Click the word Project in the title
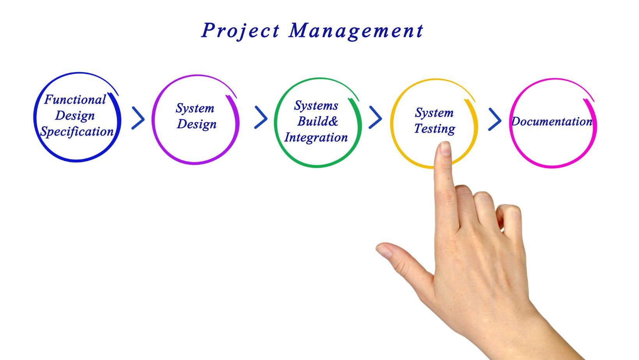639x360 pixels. coord(240,31)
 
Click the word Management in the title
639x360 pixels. coord(356,31)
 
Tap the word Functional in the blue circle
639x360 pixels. coord(75,100)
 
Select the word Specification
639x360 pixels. coord(77,132)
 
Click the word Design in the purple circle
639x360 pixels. coord(196,124)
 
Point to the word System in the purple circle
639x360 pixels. coord(195,108)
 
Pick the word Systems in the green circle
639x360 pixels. coord(316,106)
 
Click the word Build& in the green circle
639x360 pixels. coord(318,121)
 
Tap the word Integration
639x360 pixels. coord(316,138)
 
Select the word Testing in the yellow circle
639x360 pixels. coord(434,129)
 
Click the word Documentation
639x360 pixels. coord(552,122)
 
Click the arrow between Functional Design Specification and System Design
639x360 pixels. coord(138,118)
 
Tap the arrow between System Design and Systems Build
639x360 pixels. coord(261,117)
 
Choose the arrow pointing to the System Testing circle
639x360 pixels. coord(375,117)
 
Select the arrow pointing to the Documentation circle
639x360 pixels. coord(495,119)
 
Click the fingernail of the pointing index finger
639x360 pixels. coord(445,148)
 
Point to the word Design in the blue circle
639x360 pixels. coord(75,116)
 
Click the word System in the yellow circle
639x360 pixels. coord(434,113)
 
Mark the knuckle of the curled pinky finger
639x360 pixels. coord(512,211)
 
